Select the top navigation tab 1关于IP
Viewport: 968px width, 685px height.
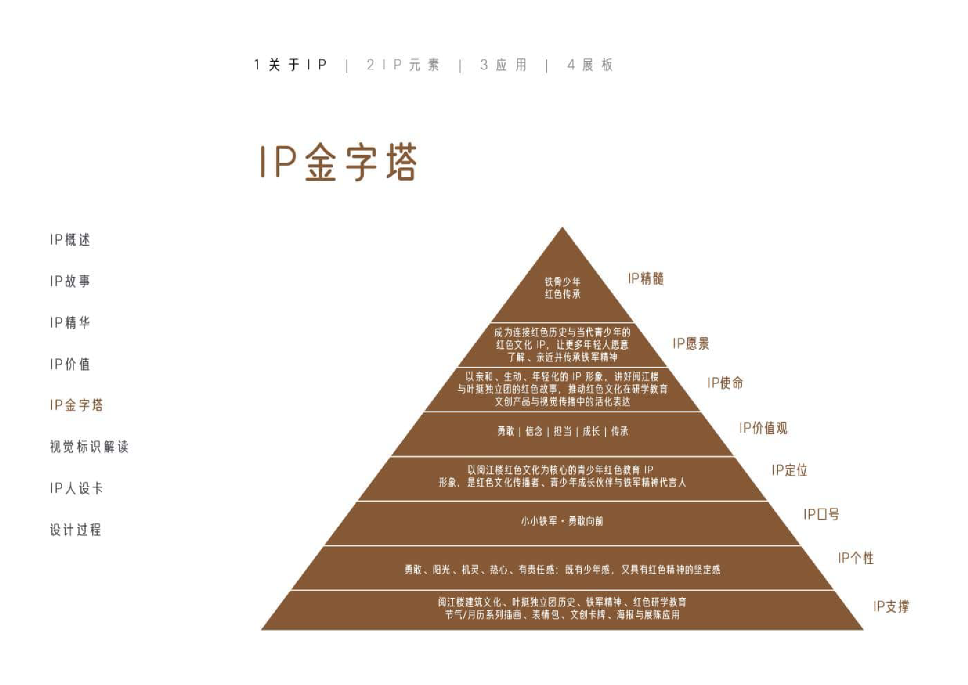tap(290, 65)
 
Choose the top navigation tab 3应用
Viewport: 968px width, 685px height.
tap(503, 65)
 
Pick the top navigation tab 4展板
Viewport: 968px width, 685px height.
tap(590, 65)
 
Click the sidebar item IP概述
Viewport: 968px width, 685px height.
tap(70, 240)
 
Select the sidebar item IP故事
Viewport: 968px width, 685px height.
tap(70, 281)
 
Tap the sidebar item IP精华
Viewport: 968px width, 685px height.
tap(70, 322)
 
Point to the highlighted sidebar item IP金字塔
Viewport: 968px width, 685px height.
tap(77, 405)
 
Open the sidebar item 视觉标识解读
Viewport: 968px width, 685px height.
tap(89, 447)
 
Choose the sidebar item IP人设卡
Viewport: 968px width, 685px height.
tap(77, 488)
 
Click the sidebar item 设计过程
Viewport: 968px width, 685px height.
tap(76, 530)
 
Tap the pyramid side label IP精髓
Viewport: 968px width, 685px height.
tap(646, 279)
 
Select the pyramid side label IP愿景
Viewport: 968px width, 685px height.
tap(691, 344)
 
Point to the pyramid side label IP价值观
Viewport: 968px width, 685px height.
tap(763, 428)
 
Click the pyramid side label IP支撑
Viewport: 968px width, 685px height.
tap(891, 606)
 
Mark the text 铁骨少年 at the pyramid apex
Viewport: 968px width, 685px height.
tap(562, 281)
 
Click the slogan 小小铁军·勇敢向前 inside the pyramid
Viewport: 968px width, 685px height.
tap(562, 521)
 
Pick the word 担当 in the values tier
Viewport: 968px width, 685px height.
tap(562, 431)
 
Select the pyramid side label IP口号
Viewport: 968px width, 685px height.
tap(821, 514)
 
